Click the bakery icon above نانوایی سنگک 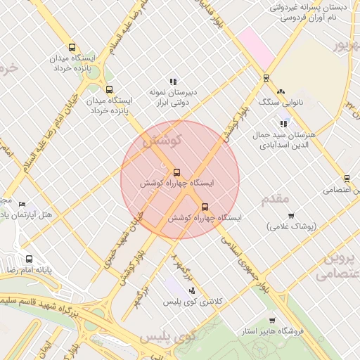(281, 91)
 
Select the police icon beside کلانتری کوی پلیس (192, 290)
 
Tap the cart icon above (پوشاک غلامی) (291, 215)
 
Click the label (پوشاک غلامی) (292, 226)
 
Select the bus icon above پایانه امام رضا (29, 259)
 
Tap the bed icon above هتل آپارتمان (21, 204)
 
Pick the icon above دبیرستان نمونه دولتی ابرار (173, 82)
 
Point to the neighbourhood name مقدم (275, 199)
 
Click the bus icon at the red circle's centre (176, 172)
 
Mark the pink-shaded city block (255, 46)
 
